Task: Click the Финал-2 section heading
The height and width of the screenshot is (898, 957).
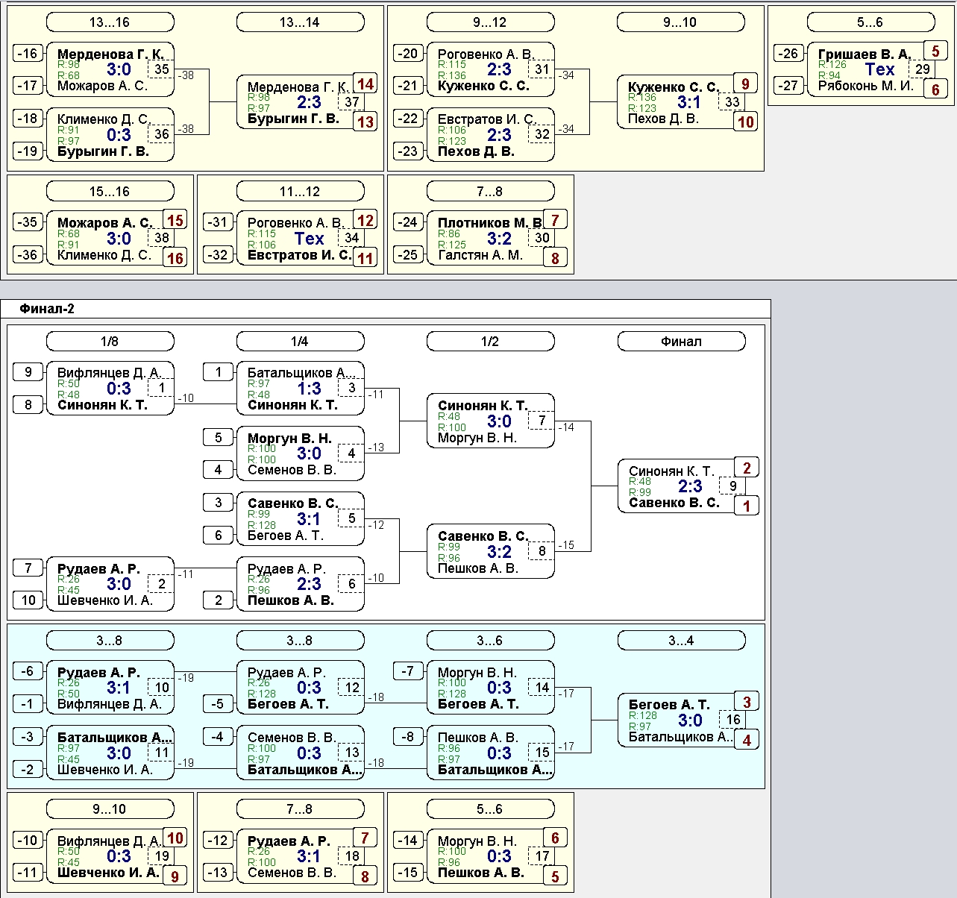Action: (47, 309)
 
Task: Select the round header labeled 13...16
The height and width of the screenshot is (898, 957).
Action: (110, 22)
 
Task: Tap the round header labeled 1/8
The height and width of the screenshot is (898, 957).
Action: (110, 342)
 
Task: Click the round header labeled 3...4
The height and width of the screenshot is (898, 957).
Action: (681, 641)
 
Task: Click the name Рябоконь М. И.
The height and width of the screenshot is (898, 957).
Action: (866, 86)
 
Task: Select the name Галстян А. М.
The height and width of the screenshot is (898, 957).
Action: (480, 255)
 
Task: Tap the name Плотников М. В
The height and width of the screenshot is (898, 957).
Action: (489, 223)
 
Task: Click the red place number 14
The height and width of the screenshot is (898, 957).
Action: (365, 84)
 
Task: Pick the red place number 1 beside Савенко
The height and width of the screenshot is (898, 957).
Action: (747, 506)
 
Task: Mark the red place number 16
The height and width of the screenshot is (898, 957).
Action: (175, 258)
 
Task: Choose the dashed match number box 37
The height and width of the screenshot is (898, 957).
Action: (352, 102)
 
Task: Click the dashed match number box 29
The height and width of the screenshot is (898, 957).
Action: (922, 69)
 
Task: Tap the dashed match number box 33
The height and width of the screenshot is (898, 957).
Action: (732, 102)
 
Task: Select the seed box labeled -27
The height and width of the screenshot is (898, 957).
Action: (788, 86)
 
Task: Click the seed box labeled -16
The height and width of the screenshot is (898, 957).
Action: (28, 53)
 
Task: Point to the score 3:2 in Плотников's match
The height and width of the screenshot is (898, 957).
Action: (499, 239)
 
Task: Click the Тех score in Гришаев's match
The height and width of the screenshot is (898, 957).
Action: (880, 69)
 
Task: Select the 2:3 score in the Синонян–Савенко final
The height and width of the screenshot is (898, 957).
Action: (690, 486)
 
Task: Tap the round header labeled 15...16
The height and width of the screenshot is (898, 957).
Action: (110, 192)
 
